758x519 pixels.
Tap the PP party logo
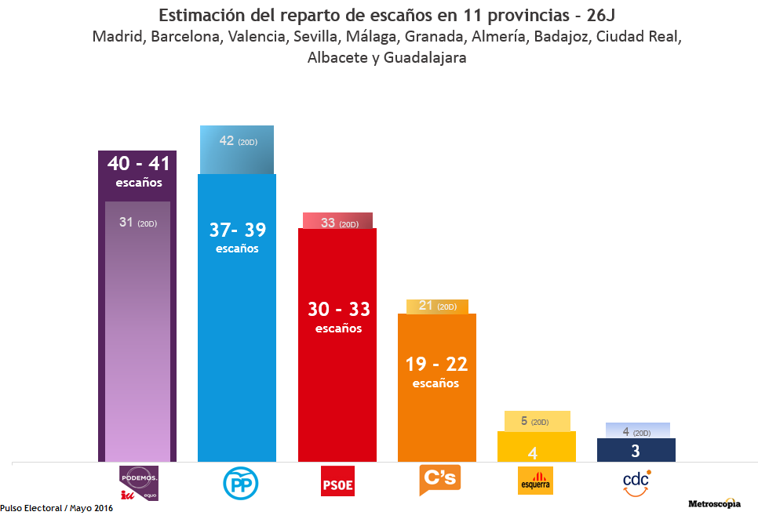pyautogui.click(x=237, y=483)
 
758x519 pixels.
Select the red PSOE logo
pyautogui.click(x=337, y=482)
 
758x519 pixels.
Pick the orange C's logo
pyautogui.click(x=439, y=480)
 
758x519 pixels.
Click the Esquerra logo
pyautogui.click(x=536, y=481)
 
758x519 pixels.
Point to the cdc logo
pyautogui.click(x=636, y=482)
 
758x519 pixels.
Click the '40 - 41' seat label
pyautogui.click(x=138, y=163)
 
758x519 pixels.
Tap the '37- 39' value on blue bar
pyautogui.click(x=237, y=230)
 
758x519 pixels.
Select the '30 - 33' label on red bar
pyautogui.click(x=338, y=309)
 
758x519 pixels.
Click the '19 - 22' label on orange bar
pyautogui.click(x=436, y=364)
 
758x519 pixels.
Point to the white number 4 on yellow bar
pyautogui.click(x=532, y=452)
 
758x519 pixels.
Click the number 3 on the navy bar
pyautogui.click(x=636, y=451)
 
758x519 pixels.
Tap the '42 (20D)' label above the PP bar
pyautogui.click(x=238, y=141)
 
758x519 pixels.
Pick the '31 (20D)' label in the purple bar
pyautogui.click(x=137, y=223)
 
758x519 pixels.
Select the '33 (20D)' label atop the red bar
pyautogui.click(x=339, y=223)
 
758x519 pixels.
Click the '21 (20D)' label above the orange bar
pyautogui.click(x=437, y=306)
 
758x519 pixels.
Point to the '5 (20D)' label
pyautogui.click(x=534, y=421)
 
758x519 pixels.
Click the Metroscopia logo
pyautogui.click(x=714, y=503)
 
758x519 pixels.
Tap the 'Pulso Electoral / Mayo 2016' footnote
pyautogui.click(x=56, y=508)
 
